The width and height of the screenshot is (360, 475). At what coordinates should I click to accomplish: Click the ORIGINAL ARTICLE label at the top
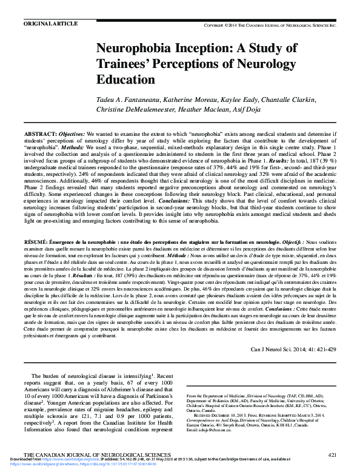click(x=50, y=23)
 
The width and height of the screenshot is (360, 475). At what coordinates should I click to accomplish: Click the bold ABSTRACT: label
click(x=41, y=133)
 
